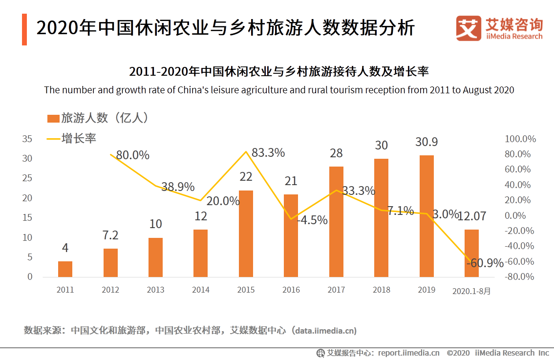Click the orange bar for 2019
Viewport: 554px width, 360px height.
pos(426,216)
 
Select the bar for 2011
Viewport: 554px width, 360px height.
pos(65,269)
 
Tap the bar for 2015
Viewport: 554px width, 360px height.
pos(246,233)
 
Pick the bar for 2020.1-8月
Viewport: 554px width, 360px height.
pos(471,253)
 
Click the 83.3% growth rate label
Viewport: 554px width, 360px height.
pos(268,153)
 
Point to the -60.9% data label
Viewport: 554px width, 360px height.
pos(485,263)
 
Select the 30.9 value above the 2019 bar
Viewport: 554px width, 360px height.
pos(426,142)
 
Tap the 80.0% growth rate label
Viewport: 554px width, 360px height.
pos(133,155)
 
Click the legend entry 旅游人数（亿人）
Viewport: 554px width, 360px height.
pos(98,118)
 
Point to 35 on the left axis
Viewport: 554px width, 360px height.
pos(27,139)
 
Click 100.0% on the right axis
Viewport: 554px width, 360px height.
pos(520,139)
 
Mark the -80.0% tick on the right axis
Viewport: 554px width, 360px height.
pos(520,277)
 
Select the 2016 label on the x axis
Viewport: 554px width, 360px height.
pos(291,290)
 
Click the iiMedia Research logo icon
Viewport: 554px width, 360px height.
pos(469,28)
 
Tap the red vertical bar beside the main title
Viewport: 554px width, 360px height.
pos(24,29)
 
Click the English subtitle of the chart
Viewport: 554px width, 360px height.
pos(278,90)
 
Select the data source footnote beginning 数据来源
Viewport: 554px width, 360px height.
pos(190,331)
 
